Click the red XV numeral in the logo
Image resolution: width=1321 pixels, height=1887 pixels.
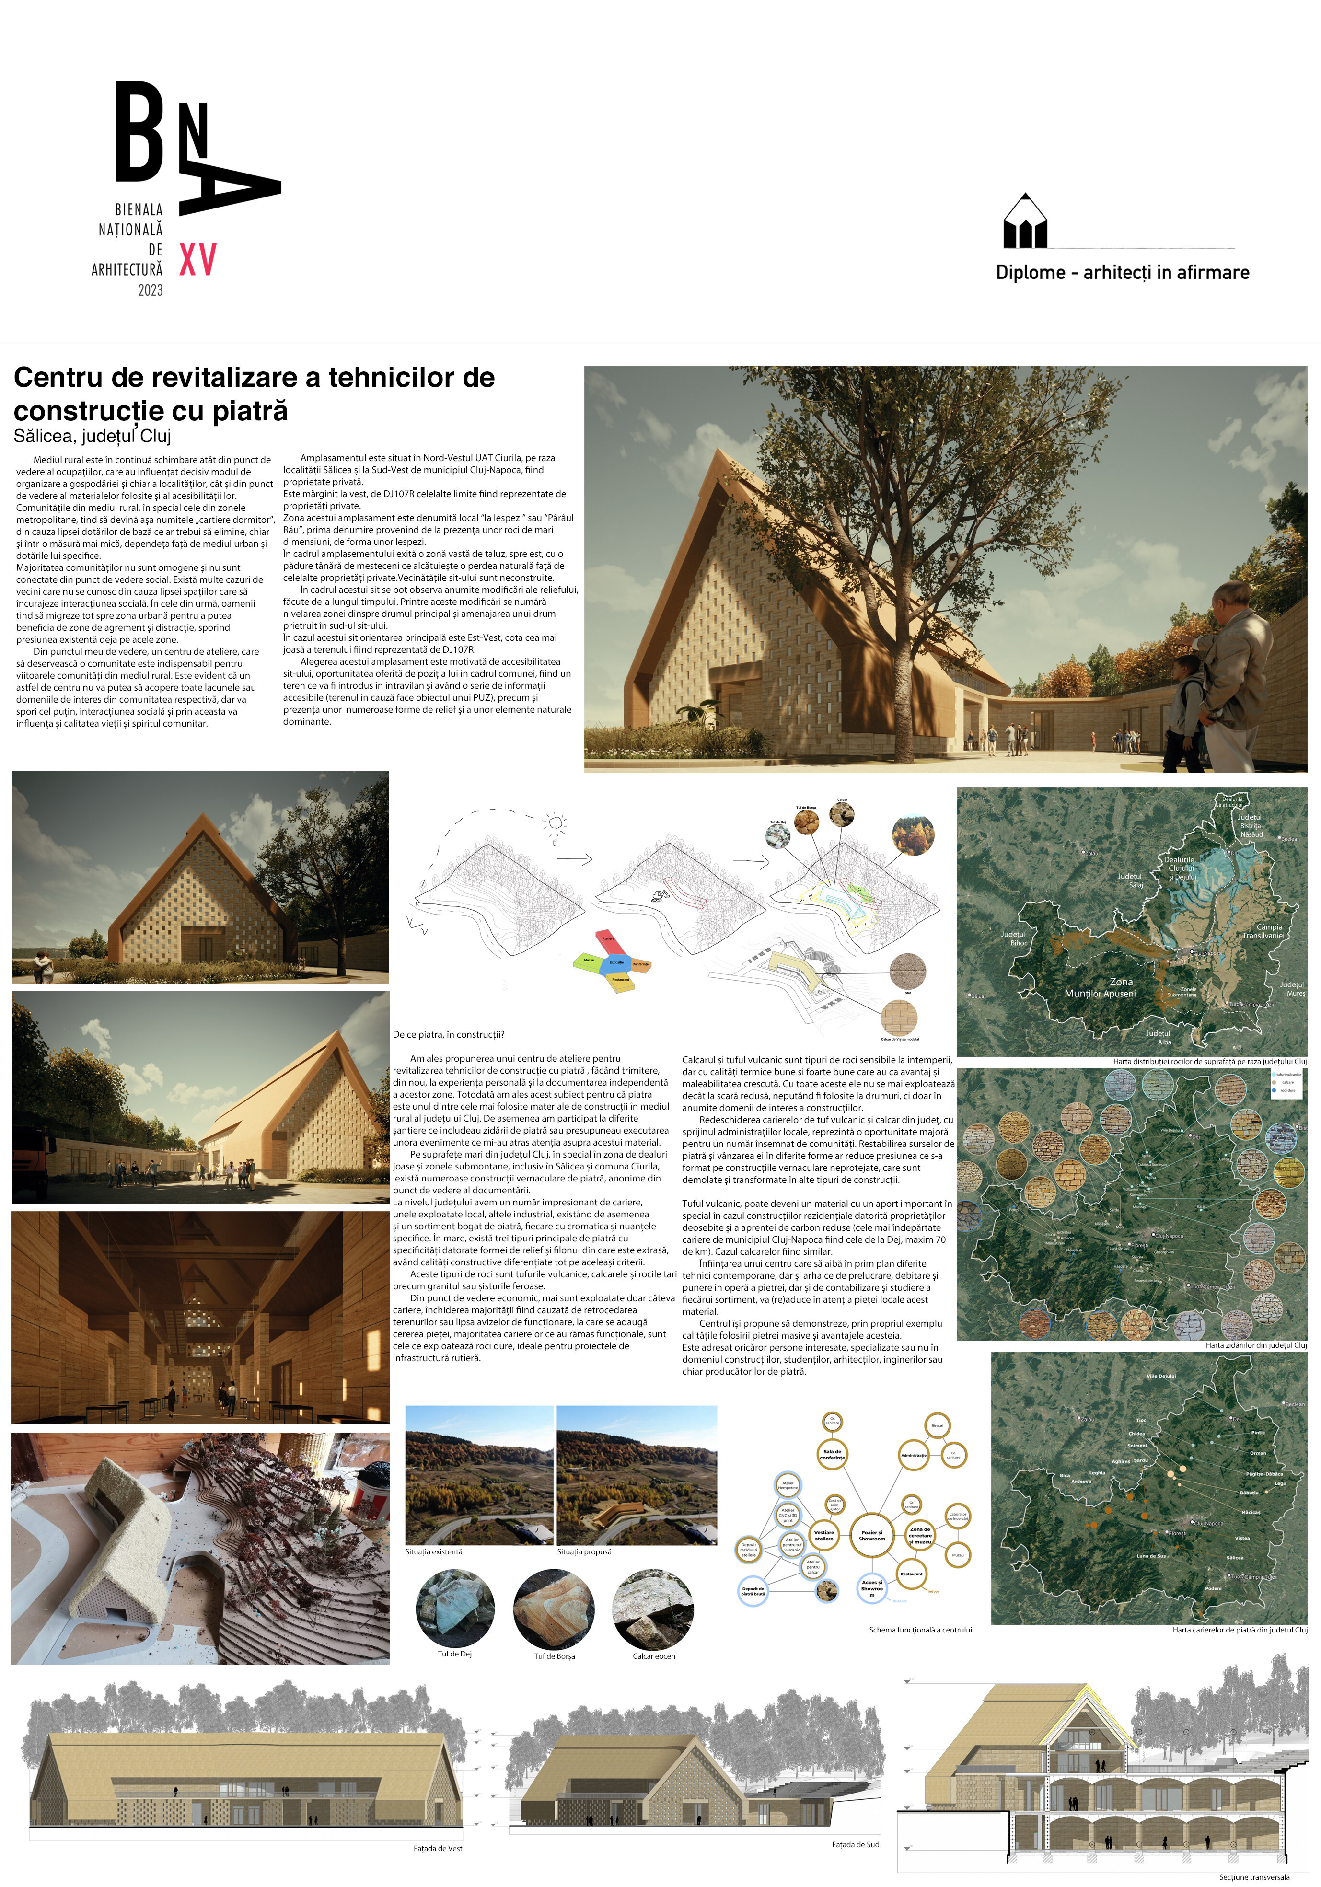[x=197, y=260]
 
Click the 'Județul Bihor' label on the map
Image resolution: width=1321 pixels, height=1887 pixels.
[x=1013, y=938]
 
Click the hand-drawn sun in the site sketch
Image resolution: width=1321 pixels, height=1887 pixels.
[x=556, y=822]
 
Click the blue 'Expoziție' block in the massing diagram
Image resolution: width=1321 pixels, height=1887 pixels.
[x=616, y=961]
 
